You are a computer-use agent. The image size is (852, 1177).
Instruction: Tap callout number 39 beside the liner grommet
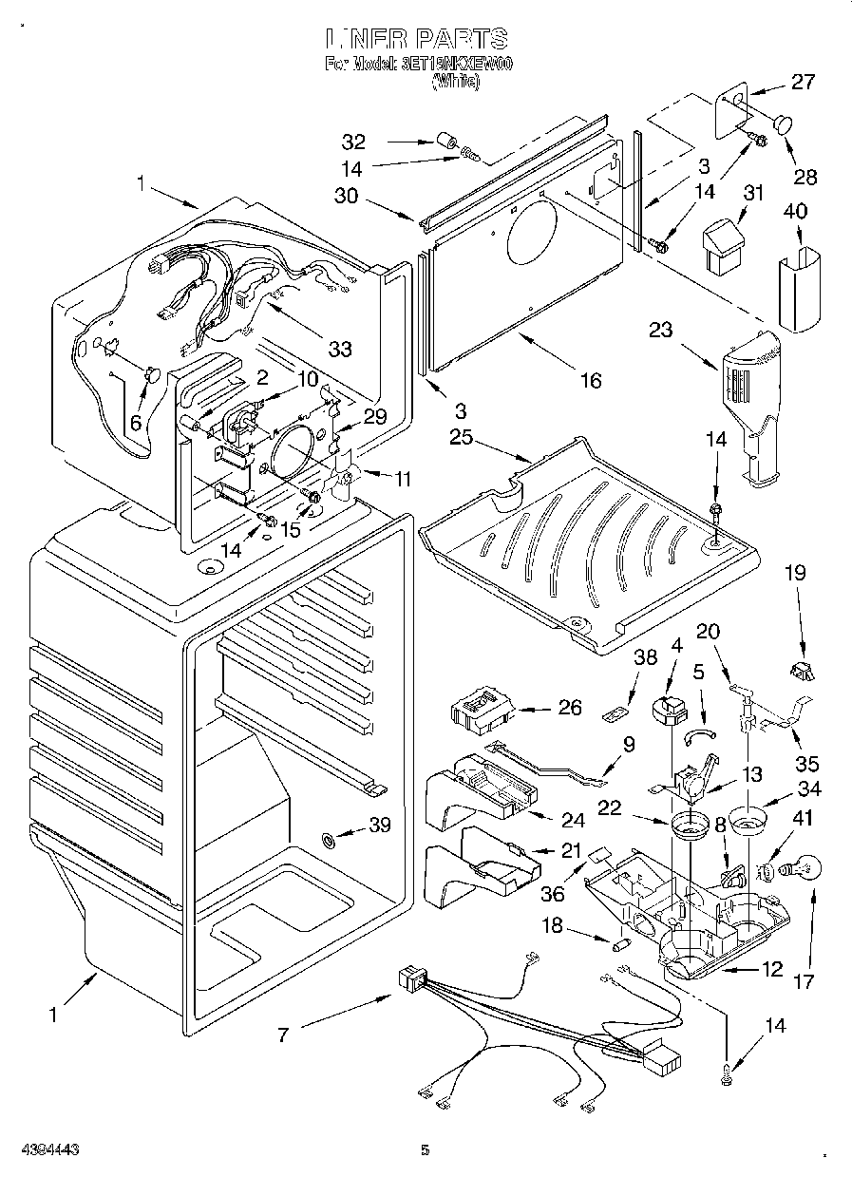point(379,826)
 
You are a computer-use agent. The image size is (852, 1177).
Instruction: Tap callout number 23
point(660,331)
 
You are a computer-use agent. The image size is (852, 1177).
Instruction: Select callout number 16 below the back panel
point(591,380)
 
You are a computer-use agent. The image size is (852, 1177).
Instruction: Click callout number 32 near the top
point(354,142)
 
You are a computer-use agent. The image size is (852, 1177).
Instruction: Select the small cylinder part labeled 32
point(446,143)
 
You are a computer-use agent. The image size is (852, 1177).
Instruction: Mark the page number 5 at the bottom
point(425,1150)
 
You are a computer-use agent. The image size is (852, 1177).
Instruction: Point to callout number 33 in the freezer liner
point(339,349)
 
